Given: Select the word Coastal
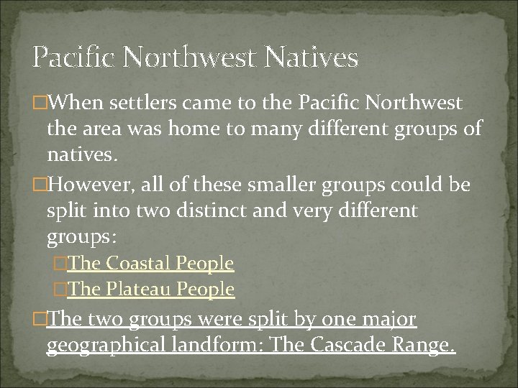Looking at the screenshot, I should [139, 264].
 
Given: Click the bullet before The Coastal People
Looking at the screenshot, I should [60, 264].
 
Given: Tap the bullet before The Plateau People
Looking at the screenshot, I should [60, 290].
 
